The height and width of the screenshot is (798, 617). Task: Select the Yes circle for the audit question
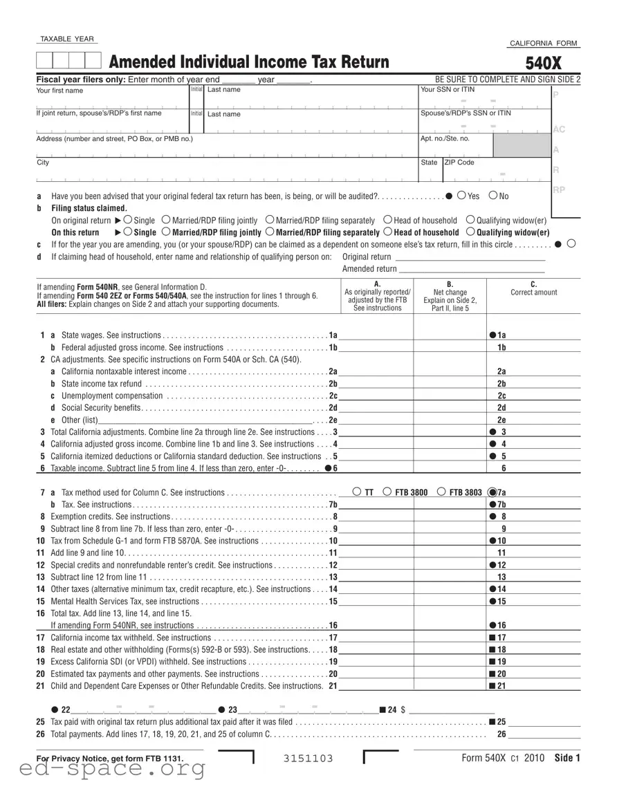tap(461, 196)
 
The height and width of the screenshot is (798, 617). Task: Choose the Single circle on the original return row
tap(127, 220)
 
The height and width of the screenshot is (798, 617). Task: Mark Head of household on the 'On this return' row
tap(388, 232)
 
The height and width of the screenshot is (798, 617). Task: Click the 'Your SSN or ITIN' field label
tap(448, 90)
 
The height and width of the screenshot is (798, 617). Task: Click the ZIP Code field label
tap(459, 163)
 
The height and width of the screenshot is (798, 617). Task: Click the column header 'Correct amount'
tap(533, 293)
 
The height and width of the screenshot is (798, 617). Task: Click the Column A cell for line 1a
tap(376, 335)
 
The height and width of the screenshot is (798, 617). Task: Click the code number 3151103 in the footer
tap(308, 759)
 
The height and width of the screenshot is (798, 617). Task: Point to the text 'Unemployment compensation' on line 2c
tap(112, 396)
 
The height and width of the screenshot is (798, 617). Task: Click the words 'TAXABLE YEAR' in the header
tap(67, 39)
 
